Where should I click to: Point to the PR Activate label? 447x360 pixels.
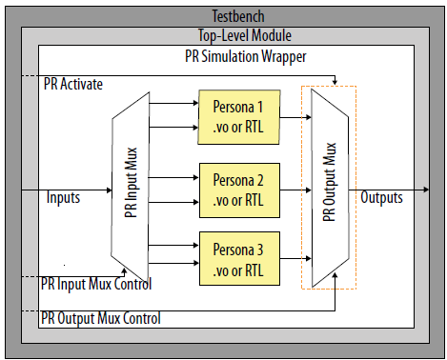tap(73, 84)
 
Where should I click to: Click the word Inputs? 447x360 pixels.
tap(64, 198)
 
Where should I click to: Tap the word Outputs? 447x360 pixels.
tap(381, 198)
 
